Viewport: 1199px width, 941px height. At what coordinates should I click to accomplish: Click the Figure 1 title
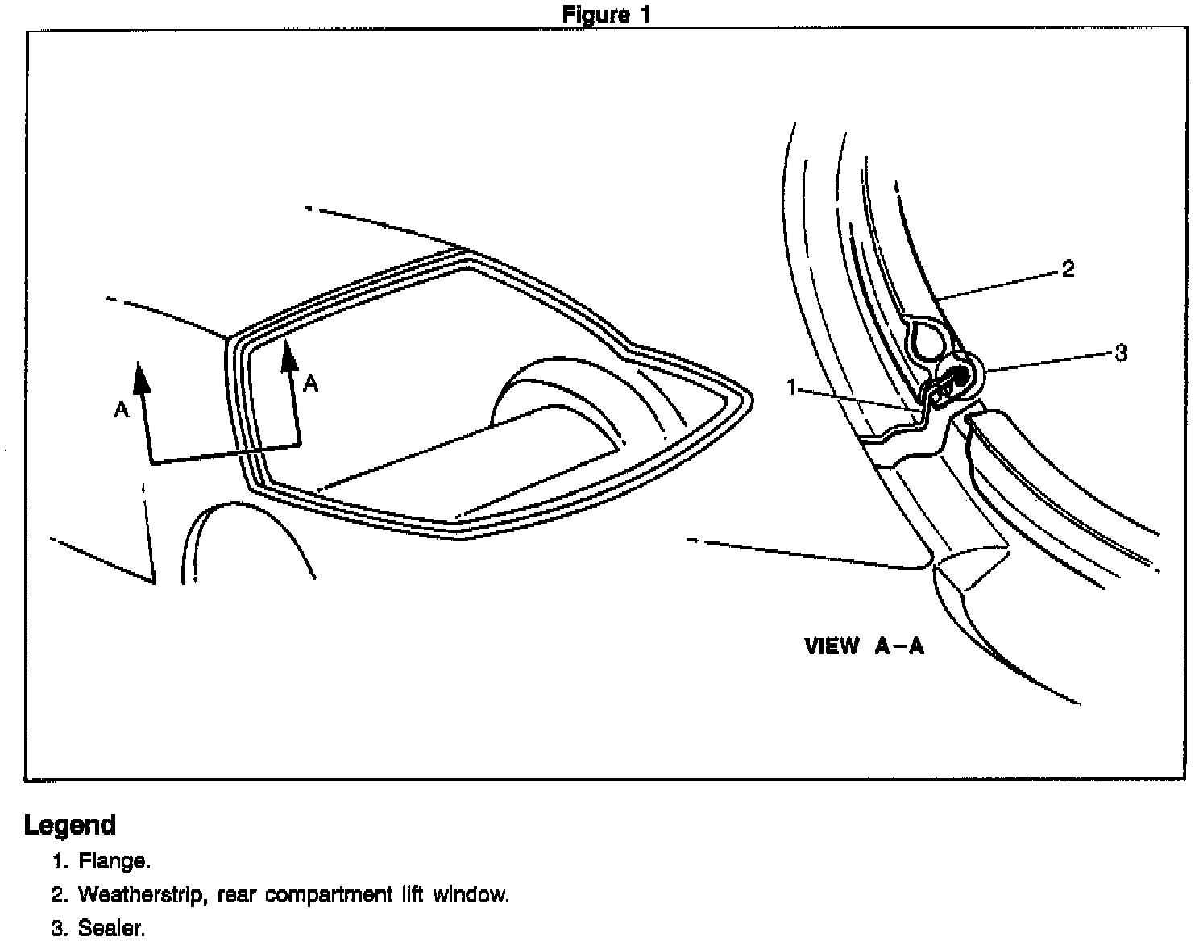pos(605,14)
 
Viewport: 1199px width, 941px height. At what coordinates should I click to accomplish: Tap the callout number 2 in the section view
pos(1068,269)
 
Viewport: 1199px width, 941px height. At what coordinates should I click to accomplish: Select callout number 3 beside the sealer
pos(1120,353)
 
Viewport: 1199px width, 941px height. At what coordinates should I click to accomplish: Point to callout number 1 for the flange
pos(791,388)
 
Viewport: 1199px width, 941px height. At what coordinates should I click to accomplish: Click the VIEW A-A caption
pos(864,646)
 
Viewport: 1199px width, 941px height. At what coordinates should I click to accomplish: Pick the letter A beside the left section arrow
pos(121,410)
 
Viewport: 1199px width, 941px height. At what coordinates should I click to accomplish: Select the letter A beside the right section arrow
pos(311,383)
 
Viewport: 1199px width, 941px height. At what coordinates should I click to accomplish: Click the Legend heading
pos(70,825)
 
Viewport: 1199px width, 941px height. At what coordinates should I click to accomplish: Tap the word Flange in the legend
pos(114,861)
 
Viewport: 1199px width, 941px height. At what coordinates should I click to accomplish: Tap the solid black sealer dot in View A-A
pos(960,375)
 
